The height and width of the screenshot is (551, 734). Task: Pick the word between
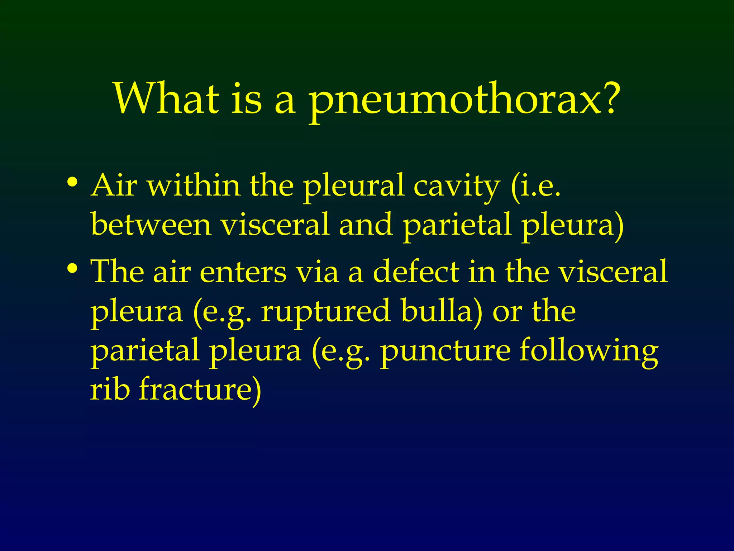151,225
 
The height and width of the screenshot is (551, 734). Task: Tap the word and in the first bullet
365,225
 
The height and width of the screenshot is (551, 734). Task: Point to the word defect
416,271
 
